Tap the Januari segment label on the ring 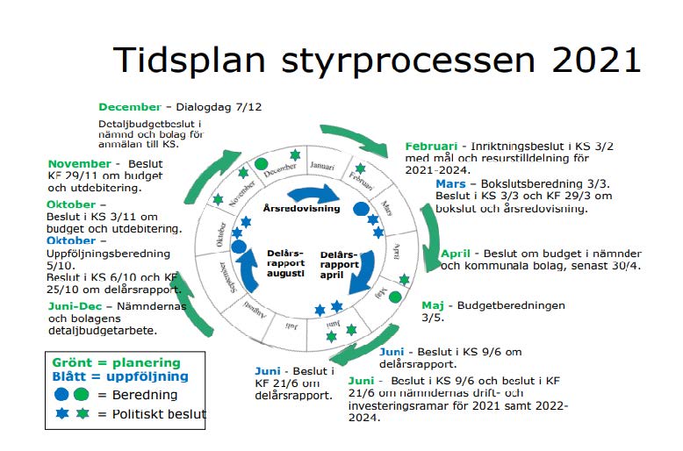[x=323, y=165]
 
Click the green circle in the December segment [x=261, y=163]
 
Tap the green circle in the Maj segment [x=395, y=297]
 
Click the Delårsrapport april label [x=339, y=261]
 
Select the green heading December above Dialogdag [x=130, y=107]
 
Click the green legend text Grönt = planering [x=116, y=362]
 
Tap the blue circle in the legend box [x=62, y=396]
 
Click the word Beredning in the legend [x=144, y=396]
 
